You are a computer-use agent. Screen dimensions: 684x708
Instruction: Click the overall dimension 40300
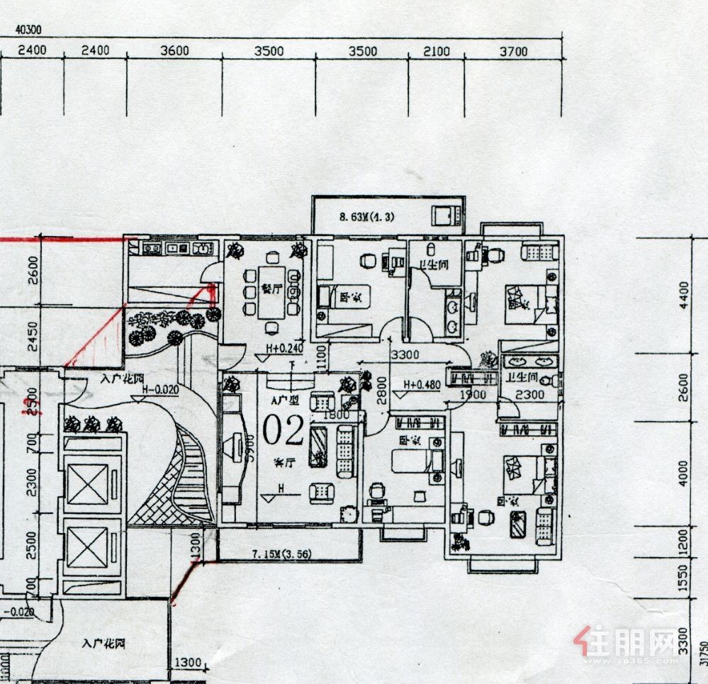pyautogui.click(x=28, y=30)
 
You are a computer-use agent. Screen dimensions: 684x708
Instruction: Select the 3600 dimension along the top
pyautogui.click(x=175, y=51)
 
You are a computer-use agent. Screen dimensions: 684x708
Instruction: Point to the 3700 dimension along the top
pyautogui.click(x=513, y=51)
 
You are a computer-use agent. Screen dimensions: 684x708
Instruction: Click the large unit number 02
pyautogui.click(x=283, y=428)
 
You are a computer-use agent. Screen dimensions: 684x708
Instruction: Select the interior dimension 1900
pyautogui.click(x=473, y=394)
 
